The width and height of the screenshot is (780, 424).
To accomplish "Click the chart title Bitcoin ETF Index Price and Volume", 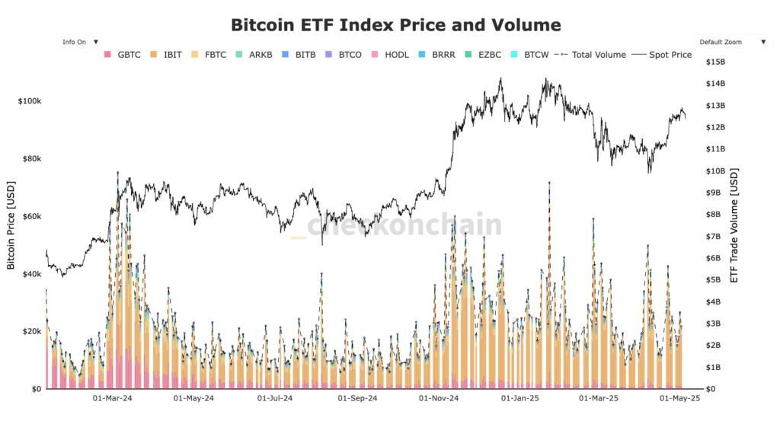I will coord(395,25).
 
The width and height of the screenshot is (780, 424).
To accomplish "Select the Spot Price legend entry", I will coord(663,55).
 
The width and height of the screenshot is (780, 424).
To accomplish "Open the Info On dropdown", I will coord(80,42).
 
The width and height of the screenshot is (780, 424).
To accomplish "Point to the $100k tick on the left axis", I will coord(29,101).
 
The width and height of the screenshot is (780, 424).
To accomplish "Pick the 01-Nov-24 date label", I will coord(440,398).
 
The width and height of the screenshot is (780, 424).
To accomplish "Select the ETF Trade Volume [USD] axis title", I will coord(734,225).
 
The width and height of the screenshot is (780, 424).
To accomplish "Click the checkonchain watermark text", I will coord(404,225).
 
